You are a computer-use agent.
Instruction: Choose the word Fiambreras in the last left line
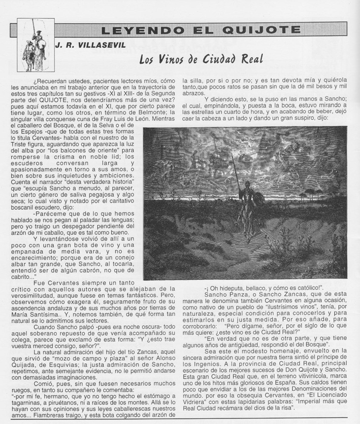point(55,414)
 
